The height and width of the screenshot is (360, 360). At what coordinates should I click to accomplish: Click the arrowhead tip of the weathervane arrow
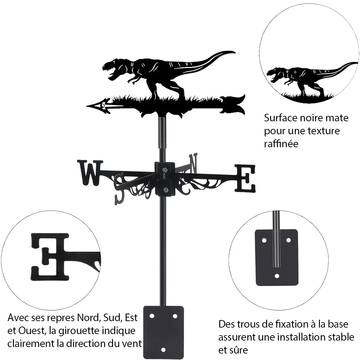[87, 106]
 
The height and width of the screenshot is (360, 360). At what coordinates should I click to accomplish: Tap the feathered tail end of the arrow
[233, 104]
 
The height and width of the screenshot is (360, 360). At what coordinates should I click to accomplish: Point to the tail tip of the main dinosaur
[235, 52]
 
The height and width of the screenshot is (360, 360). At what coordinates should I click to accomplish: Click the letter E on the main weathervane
[245, 178]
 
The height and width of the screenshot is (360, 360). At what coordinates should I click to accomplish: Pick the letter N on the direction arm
[193, 164]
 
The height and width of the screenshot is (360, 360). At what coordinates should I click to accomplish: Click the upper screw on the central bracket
[165, 170]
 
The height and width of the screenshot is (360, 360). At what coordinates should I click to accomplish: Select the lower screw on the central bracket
[165, 190]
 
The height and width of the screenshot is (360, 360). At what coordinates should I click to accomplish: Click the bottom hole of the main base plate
[163, 350]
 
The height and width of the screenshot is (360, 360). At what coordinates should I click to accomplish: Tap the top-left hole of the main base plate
[152, 316]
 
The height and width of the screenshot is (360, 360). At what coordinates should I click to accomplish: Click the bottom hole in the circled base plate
[277, 276]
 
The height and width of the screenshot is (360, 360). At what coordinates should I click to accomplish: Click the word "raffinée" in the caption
[281, 144]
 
